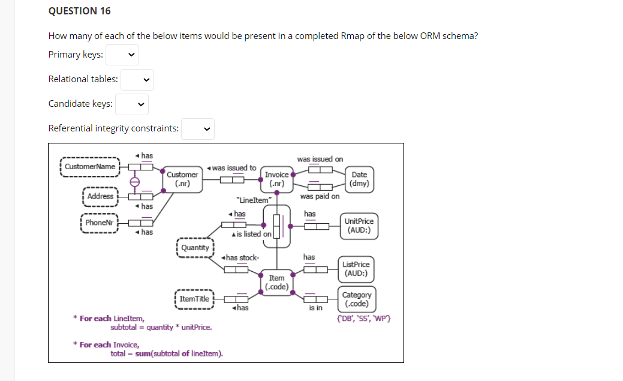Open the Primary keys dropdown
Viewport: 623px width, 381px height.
click(x=122, y=55)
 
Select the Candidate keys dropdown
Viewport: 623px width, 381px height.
click(x=132, y=104)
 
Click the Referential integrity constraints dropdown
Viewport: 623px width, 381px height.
click(x=198, y=128)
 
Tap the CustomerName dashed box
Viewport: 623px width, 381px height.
click(x=90, y=166)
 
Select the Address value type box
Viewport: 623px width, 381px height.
click(x=100, y=196)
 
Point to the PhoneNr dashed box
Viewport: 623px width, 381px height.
click(x=99, y=223)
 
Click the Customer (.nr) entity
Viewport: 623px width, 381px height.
click(x=182, y=179)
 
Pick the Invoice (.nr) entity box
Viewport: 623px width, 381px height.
click(x=277, y=179)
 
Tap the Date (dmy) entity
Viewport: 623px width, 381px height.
click(x=360, y=179)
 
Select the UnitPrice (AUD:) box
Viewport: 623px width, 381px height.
click(x=359, y=226)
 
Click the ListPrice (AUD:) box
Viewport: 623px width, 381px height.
click(x=356, y=269)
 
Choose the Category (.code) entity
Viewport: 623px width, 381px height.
click(x=356, y=299)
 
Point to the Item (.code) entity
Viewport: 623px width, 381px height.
click(x=276, y=282)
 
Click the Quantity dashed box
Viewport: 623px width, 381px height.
click(x=195, y=248)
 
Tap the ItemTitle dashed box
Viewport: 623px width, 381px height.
click(x=194, y=299)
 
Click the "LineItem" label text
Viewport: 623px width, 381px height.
click(x=255, y=200)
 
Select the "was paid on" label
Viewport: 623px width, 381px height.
click(x=320, y=196)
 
